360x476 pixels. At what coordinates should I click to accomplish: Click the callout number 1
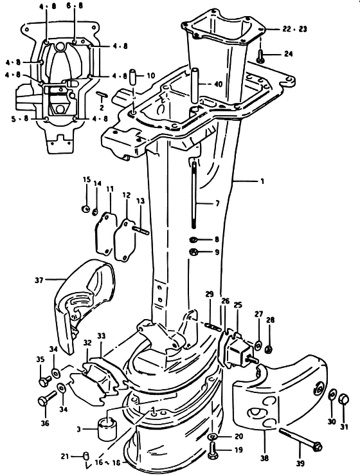pos(262,181)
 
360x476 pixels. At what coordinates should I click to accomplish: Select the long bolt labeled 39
pos(300,438)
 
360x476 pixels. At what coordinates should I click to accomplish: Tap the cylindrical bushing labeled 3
pos(107,428)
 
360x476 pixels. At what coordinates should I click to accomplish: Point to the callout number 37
pos(39,280)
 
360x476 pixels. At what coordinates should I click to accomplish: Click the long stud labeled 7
pos(194,195)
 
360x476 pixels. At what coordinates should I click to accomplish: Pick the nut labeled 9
pos(193,252)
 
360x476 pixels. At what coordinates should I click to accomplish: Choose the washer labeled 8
pos(193,240)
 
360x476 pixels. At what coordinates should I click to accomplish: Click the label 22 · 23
pos(294,29)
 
